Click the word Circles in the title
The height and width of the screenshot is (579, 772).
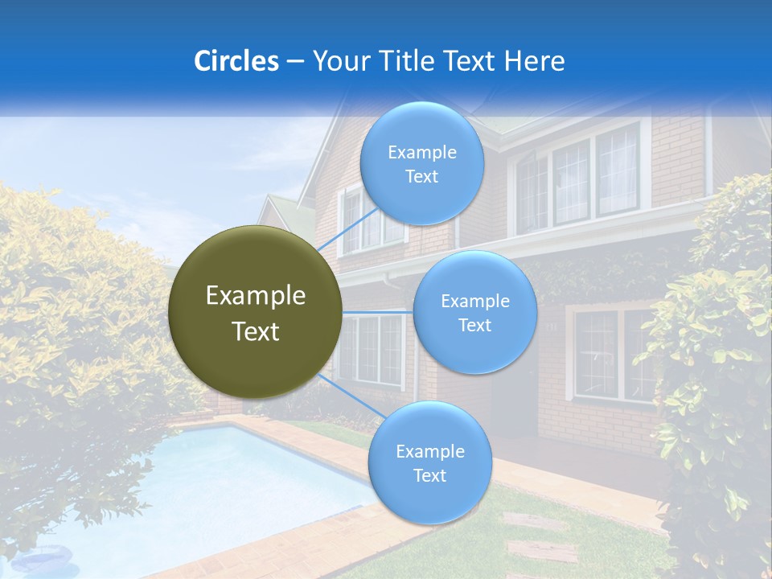[236, 61]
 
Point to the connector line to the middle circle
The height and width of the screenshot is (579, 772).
[378, 311]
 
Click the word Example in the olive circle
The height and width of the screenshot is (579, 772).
[256, 296]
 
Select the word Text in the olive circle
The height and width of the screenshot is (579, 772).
[256, 331]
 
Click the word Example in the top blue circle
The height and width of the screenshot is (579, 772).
[422, 152]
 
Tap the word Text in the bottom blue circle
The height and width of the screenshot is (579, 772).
[429, 476]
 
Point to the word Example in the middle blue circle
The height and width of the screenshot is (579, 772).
[475, 302]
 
